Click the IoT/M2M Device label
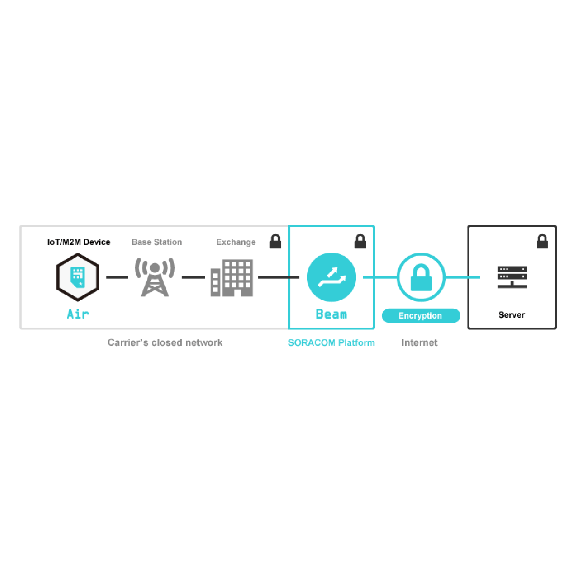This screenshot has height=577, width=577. pyautogui.click(x=79, y=242)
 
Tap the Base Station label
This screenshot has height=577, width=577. pyautogui.click(x=156, y=242)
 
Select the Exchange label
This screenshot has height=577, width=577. pyautogui.click(x=236, y=242)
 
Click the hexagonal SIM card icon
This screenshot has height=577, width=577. pyautogui.click(x=78, y=277)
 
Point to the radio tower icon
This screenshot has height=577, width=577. pyautogui.click(x=155, y=277)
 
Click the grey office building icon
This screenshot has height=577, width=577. pyautogui.click(x=232, y=278)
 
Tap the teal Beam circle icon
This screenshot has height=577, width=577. pyautogui.click(x=331, y=277)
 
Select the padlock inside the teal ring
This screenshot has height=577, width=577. pyautogui.click(x=421, y=277)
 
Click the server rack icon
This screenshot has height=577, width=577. pyautogui.click(x=512, y=277)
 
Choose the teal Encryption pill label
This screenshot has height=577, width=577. pyautogui.click(x=421, y=316)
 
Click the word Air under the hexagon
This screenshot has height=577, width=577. pyautogui.click(x=78, y=314)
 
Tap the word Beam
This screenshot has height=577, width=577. pyautogui.click(x=331, y=314)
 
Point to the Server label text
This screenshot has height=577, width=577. pyautogui.click(x=512, y=315)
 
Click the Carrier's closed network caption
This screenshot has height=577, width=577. pyautogui.click(x=165, y=343)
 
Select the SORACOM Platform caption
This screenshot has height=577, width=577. pyautogui.click(x=331, y=343)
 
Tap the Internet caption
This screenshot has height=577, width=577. pyautogui.click(x=420, y=343)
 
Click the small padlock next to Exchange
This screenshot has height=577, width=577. pyautogui.click(x=275, y=241)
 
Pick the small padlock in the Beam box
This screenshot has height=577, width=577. pyautogui.click(x=360, y=241)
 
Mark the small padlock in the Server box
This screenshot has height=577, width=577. pyautogui.click(x=542, y=241)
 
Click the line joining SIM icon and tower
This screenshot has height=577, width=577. pyautogui.click(x=117, y=277)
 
